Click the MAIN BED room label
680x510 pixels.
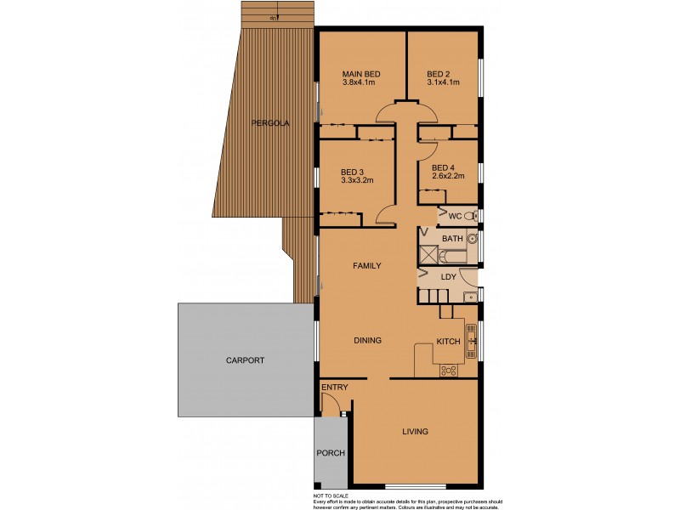pos(361,74)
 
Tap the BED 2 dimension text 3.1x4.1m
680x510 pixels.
pos(443,82)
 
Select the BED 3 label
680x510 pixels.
pos(351,171)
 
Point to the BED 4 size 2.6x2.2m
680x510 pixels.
pos(449,177)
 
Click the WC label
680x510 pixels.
pos(455,217)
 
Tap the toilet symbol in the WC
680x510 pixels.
pos(472,217)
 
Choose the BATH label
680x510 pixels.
pos(452,239)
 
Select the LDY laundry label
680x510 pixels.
pos(448,277)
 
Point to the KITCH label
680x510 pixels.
pos(448,341)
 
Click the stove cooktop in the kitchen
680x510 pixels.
pos(447,370)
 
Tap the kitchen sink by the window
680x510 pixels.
pos(470,340)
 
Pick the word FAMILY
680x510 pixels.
pos(367,266)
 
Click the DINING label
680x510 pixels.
pos(367,340)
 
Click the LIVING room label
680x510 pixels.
pos(415,432)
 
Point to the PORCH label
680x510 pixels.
pos(331,453)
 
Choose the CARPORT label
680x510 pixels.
pos(245,360)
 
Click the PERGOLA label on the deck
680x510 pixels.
pos(270,123)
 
